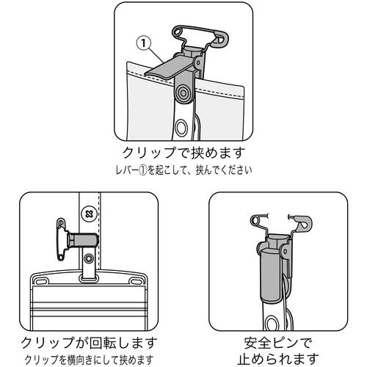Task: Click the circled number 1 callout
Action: click(x=144, y=43)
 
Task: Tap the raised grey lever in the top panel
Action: click(x=169, y=67)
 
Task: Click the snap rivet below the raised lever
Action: click(x=183, y=93)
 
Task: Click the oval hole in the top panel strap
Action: click(x=181, y=128)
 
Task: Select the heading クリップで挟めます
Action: click(x=183, y=153)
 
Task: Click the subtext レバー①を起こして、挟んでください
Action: click(x=183, y=170)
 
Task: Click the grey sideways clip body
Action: click(x=83, y=240)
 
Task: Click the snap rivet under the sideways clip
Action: click(x=89, y=258)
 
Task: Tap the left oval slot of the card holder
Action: click(x=43, y=280)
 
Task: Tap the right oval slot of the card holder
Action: click(x=135, y=280)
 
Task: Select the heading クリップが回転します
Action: click(x=89, y=343)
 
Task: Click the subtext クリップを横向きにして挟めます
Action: click(x=89, y=360)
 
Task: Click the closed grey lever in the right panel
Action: click(x=270, y=275)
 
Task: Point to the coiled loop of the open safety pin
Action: click(x=256, y=221)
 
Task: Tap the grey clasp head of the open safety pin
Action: click(x=303, y=223)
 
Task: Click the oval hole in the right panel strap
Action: click(x=272, y=323)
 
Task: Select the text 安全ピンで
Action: click(x=278, y=343)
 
